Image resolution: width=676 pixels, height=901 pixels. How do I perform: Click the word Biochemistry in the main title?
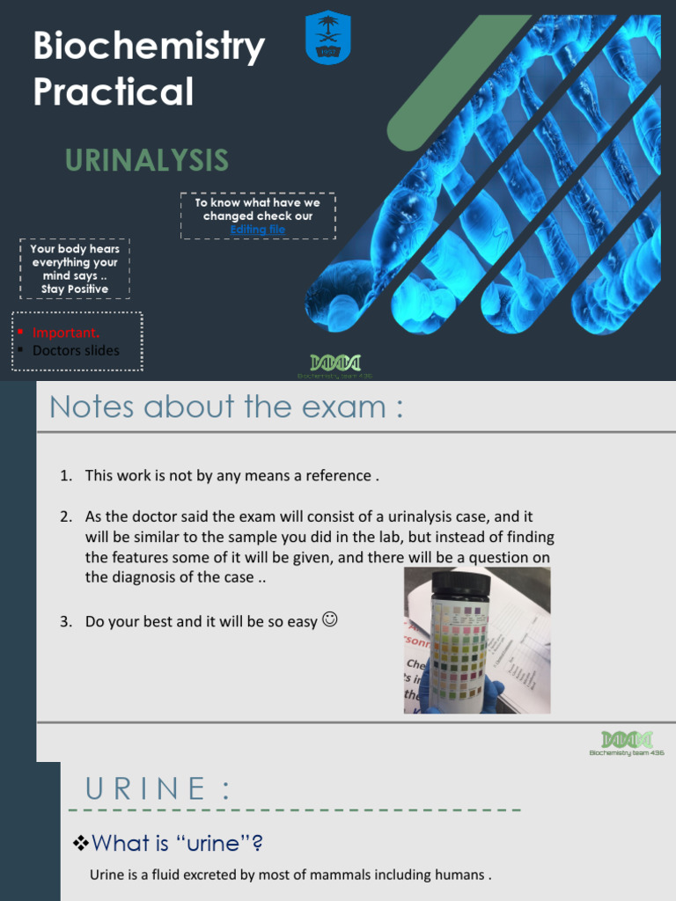[x=149, y=48]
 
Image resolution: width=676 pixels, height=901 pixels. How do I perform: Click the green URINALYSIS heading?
[x=146, y=161]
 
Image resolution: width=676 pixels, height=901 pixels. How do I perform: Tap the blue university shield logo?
[x=327, y=38]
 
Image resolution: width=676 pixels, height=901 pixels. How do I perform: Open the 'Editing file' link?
[x=257, y=230]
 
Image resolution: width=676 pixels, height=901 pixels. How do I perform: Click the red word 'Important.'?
[x=66, y=332]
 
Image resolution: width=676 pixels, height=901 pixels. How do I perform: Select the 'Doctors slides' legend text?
[x=76, y=350]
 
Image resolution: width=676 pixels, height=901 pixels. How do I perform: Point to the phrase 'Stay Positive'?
[x=75, y=289]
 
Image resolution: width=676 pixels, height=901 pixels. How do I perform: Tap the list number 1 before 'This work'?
[x=65, y=476]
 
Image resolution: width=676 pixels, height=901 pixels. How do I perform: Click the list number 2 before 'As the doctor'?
[x=65, y=516]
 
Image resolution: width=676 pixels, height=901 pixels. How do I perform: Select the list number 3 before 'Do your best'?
[x=65, y=621]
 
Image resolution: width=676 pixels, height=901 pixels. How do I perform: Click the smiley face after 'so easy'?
[x=330, y=619]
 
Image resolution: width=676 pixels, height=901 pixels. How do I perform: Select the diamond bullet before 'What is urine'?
[x=80, y=844]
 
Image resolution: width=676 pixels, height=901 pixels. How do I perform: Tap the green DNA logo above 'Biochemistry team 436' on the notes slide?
[x=627, y=739]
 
